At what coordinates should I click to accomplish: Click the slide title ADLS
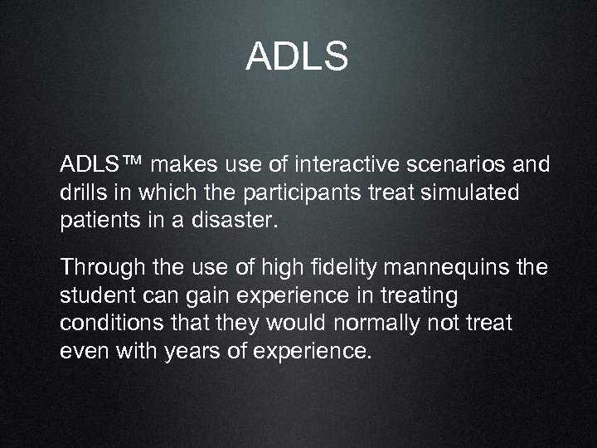(298, 57)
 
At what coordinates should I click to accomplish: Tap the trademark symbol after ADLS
(132, 163)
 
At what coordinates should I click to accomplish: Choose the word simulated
(474, 192)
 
